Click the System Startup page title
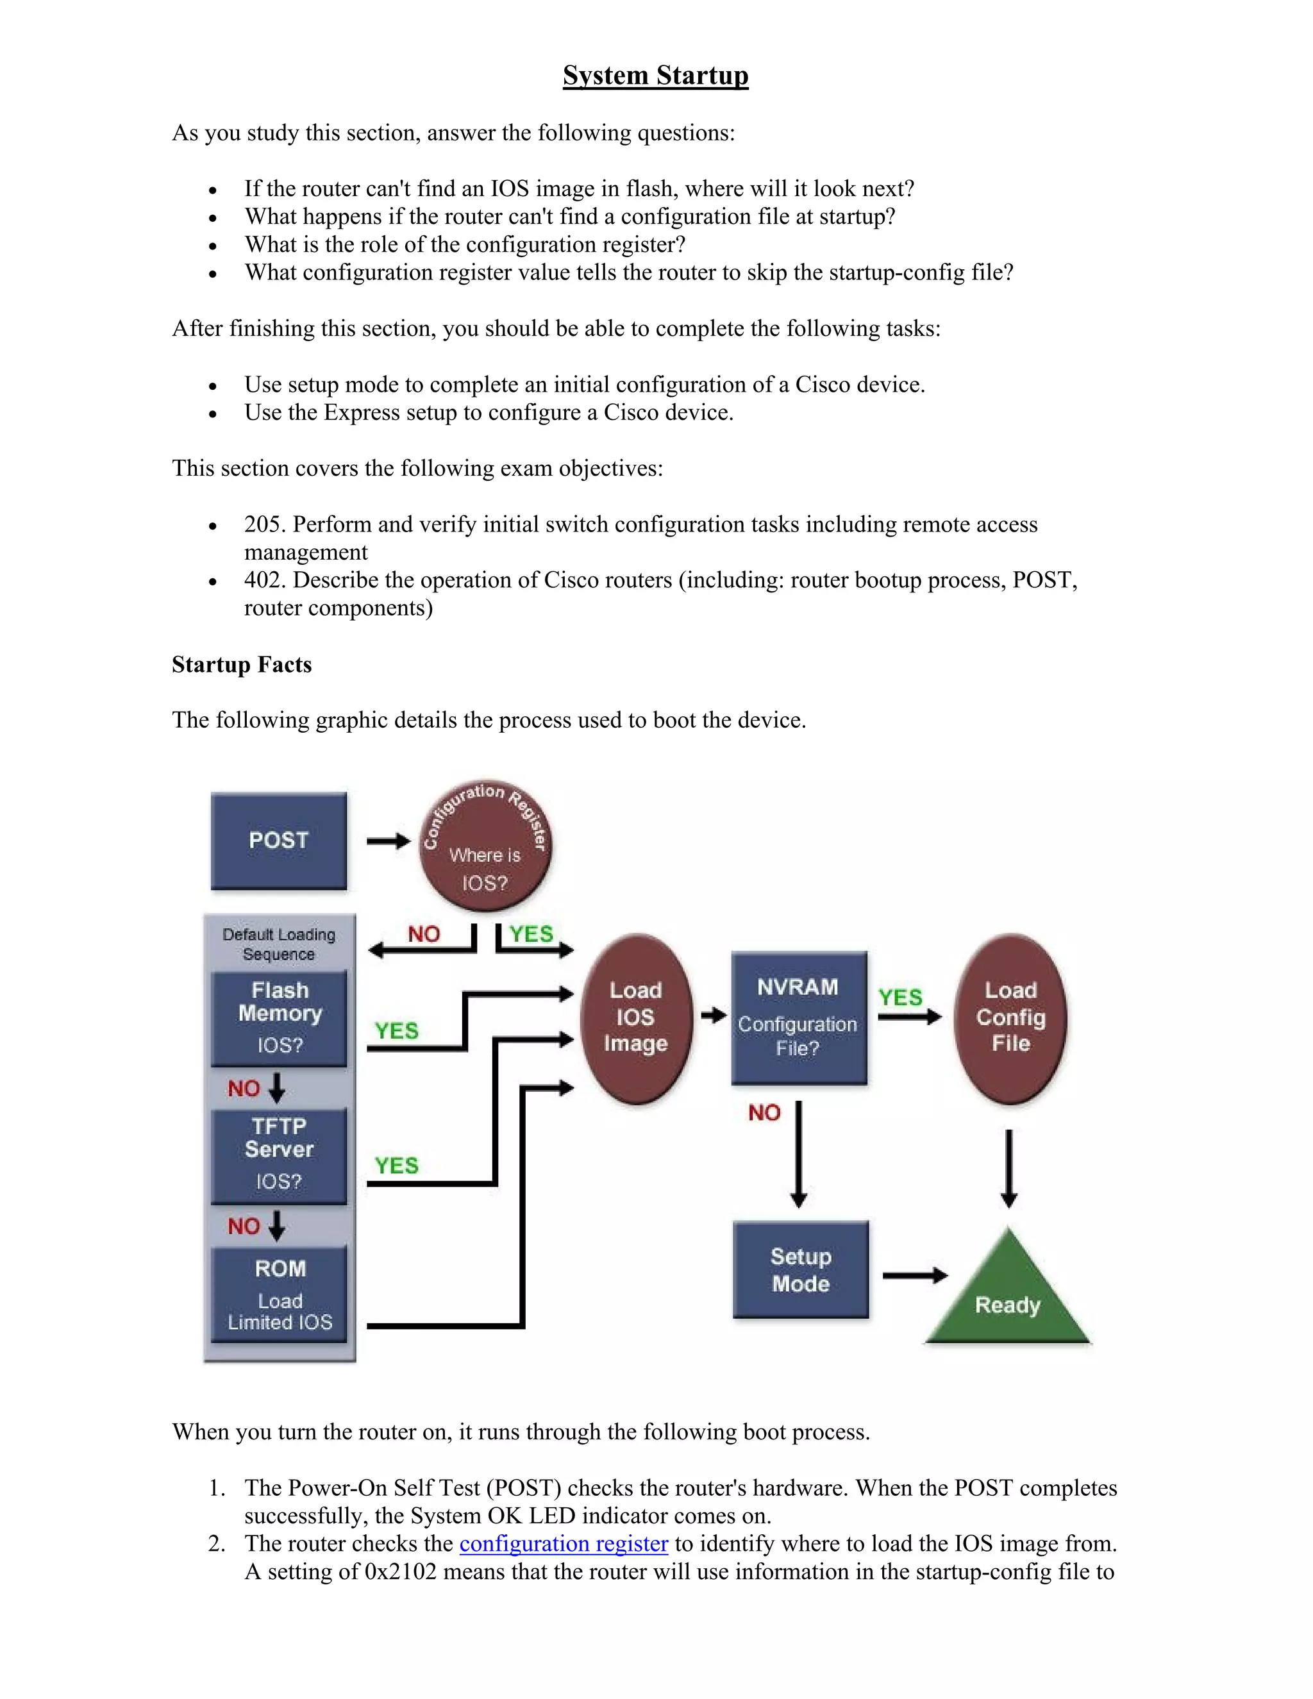click(x=655, y=76)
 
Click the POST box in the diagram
click(x=278, y=840)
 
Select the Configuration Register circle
click(x=485, y=846)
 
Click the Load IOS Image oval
click(x=635, y=1017)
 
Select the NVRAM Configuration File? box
click(x=798, y=1017)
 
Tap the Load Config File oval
click(x=1010, y=1017)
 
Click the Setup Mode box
click(x=800, y=1269)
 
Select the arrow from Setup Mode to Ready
click(x=915, y=1275)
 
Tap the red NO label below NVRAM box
click(x=764, y=1112)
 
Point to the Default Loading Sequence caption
click(x=278, y=944)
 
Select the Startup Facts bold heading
click(x=241, y=664)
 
